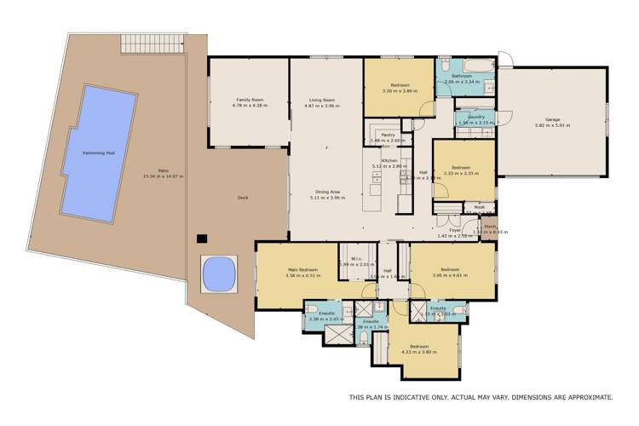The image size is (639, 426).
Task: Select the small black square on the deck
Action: (x=202, y=239)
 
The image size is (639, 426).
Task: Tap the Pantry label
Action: (x=388, y=135)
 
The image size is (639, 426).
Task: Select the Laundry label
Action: (x=475, y=117)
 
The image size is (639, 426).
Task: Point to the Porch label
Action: (x=490, y=226)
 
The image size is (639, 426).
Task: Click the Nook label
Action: (x=479, y=205)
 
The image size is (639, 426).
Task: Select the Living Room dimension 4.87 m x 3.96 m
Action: (x=322, y=106)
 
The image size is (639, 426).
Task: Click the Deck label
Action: (x=243, y=198)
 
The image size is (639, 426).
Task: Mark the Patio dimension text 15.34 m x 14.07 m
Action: (x=164, y=176)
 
